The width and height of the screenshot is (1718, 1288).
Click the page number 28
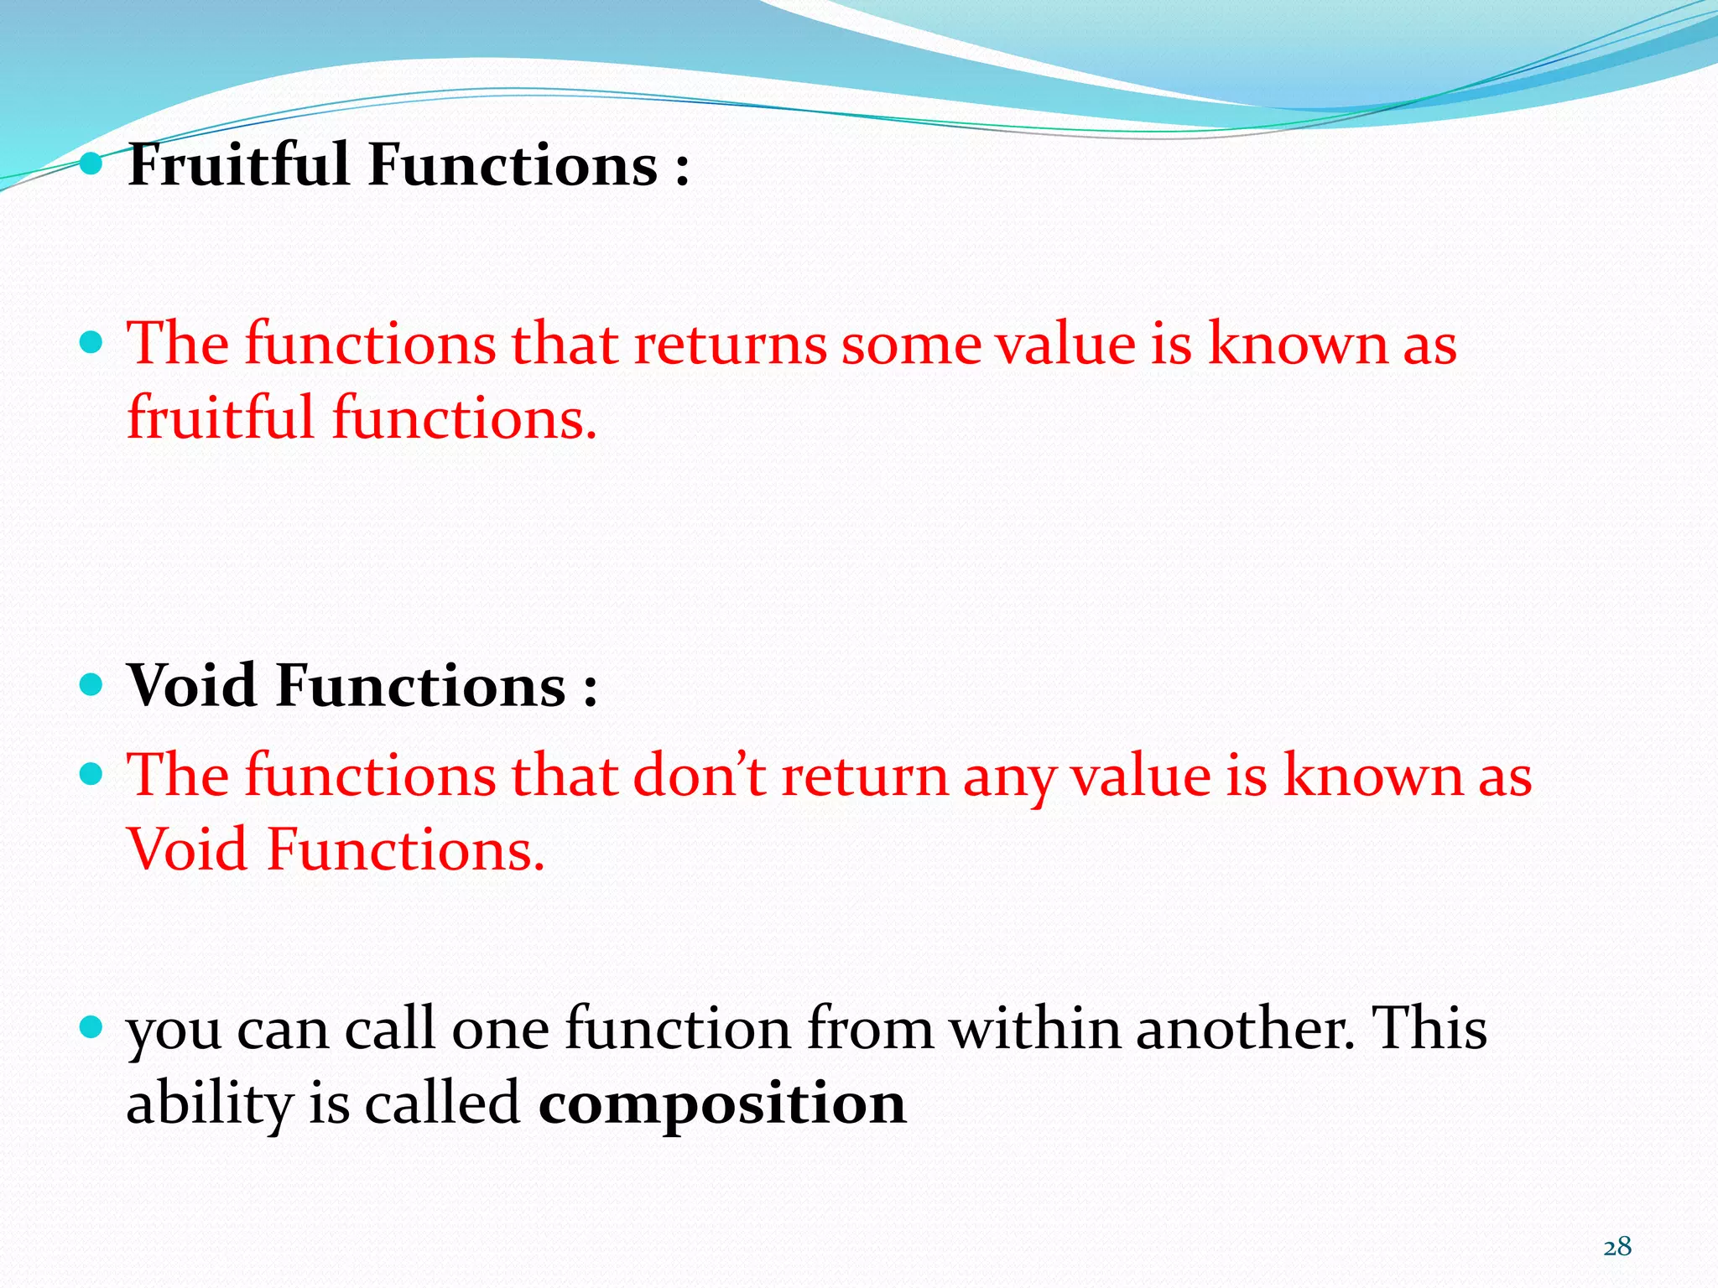click(1616, 1247)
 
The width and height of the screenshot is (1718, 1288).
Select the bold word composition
click(722, 1103)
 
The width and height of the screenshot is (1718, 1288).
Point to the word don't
click(699, 775)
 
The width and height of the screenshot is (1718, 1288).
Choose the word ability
click(208, 1104)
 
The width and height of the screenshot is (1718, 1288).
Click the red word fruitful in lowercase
click(221, 417)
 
